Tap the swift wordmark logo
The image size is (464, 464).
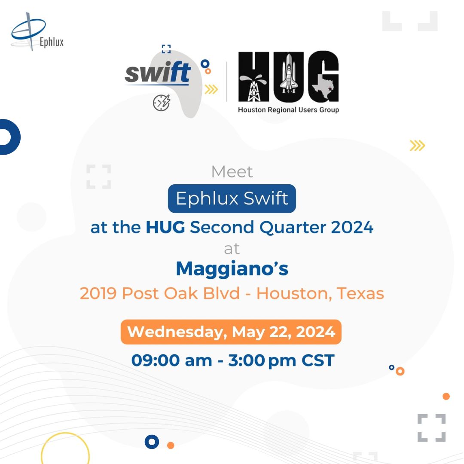click(158, 73)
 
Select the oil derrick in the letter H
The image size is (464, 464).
click(253, 88)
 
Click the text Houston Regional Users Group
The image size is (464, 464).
click(289, 110)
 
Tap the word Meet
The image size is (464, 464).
click(232, 171)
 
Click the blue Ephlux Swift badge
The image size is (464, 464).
click(232, 198)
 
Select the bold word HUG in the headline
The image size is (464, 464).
click(165, 227)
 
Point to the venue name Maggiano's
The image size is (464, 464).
click(232, 269)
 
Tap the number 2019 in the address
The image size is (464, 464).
click(98, 293)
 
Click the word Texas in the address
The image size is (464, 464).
click(360, 293)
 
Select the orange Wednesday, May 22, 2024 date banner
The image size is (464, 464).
click(231, 332)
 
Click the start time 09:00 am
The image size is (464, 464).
click(171, 360)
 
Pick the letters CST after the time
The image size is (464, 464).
click(318, 360)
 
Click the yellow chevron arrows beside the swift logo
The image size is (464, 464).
click(211, 89)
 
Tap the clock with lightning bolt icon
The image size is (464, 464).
click(162, 103)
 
